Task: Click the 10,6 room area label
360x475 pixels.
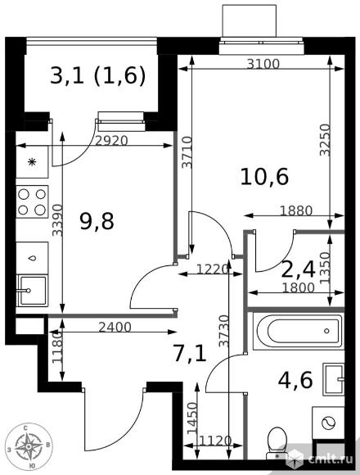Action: click(x=264, y=177)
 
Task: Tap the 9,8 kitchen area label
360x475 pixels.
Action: click(x=97, y=221)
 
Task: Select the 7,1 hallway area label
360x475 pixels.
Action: click(x=190, y=354)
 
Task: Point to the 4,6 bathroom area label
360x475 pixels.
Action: click(x=295, y=380)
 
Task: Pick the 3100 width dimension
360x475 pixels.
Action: click(x=263, y=64)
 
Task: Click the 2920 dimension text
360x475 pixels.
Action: click(x=111, y=141)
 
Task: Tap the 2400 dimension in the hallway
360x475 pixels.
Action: click(x=115, y=327)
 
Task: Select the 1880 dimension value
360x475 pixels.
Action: click(x=296, y=210)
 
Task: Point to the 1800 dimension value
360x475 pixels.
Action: click(x=299, y=287)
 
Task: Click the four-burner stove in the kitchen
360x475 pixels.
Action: click(x=32, y=201)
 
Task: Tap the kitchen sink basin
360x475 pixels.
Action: click(x=32, y=291)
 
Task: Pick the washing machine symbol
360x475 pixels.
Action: click(x=328, y=423)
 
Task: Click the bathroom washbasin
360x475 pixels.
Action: click(x=334, y=379)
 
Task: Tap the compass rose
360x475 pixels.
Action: click(x=28, y=446)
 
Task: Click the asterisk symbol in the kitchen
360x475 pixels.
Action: click(x=31, y=162)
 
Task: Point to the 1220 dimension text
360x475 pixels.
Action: click(x=213, y=269)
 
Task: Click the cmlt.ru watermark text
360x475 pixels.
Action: click(x=331, y=459)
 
